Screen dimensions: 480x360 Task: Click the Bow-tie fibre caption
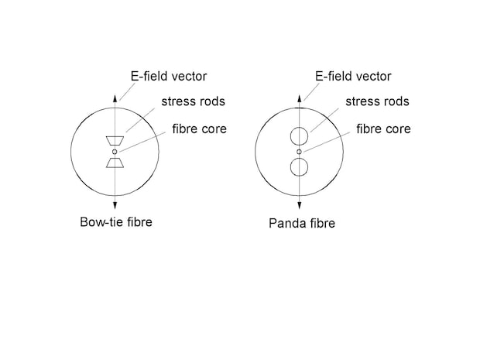pos(116,222)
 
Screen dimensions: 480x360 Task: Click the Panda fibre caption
pos(302,223)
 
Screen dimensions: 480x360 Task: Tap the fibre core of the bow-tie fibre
pos(115,152)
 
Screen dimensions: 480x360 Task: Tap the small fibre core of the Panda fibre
pos(299,152)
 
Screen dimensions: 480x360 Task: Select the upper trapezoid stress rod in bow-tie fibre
pos(115,140)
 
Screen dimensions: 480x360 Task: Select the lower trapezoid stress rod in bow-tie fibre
pos(115,163)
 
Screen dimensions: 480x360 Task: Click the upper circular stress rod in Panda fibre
pos(299,136)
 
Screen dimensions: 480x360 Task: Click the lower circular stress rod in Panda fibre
pos(299,167)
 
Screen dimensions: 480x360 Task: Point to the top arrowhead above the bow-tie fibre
pos(115,98)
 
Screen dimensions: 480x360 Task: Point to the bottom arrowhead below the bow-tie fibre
pos(115,206)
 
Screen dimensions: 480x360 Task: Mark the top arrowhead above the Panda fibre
pos(300,98)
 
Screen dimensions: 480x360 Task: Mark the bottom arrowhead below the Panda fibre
pos(300,206)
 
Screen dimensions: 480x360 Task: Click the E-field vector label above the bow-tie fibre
pos(169,76)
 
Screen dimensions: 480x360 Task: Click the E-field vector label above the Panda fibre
pos(353,76)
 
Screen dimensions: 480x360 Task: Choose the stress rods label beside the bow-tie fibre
pos(194,101)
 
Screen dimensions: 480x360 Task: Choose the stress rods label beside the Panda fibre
pos(377,101)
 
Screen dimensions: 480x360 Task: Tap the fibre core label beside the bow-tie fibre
pos(199,129)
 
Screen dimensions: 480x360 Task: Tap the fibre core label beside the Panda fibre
pos(383,129)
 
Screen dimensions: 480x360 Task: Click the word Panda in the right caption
pos(286,223)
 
